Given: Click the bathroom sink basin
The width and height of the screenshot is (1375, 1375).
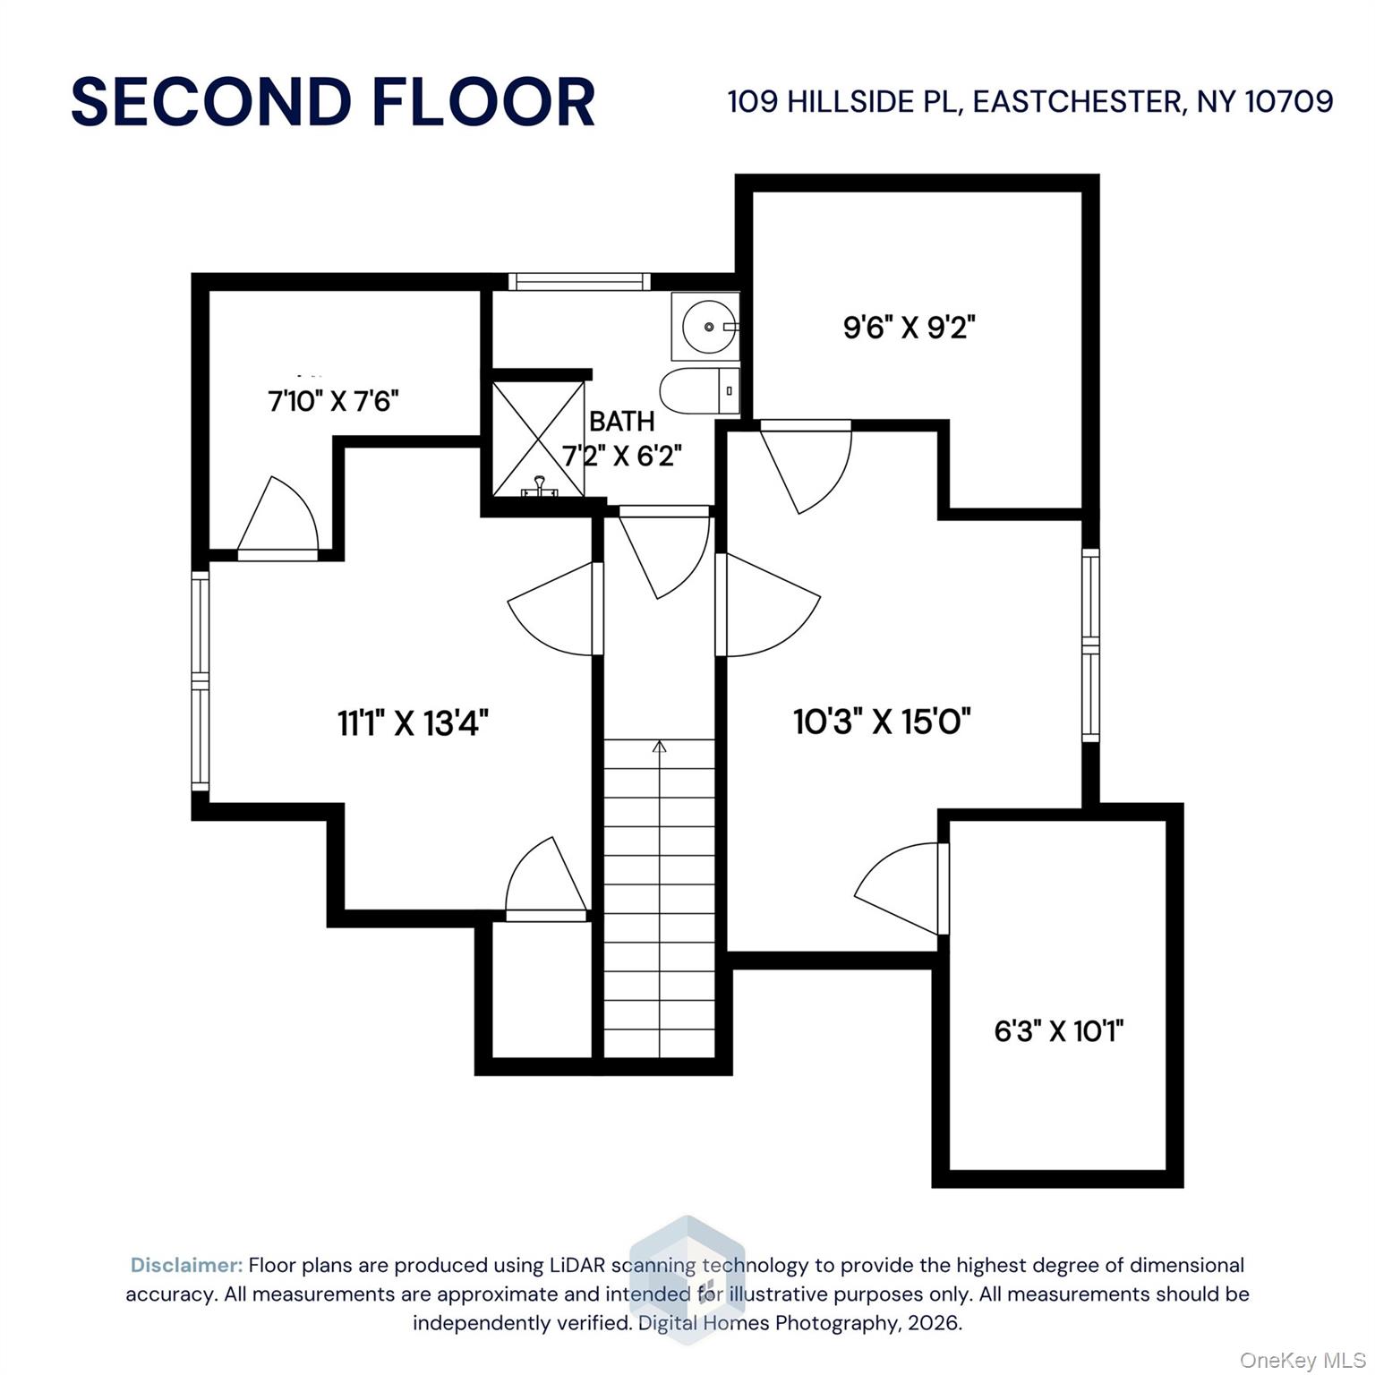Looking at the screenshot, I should [711, 327].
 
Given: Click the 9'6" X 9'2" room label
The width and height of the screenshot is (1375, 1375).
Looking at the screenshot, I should [909, 328].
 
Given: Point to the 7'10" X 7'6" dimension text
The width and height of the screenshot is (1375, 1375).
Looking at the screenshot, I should [333, 401].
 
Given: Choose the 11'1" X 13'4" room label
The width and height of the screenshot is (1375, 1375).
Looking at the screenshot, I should [413, 722].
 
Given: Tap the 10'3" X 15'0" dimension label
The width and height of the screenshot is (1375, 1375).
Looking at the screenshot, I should [882, 721].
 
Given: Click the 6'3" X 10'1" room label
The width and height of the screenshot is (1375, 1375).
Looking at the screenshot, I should [1058, 1031].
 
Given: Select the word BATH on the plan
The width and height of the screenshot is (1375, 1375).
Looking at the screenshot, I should [621, 422].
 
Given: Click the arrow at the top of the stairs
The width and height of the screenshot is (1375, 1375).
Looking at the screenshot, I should [660, 747].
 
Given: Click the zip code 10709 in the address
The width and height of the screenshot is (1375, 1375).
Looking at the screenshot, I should [1289, 101].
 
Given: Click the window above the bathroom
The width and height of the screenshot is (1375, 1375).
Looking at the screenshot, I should [579, 282].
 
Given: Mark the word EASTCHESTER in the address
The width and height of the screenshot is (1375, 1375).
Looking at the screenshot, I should [1077, 101].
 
